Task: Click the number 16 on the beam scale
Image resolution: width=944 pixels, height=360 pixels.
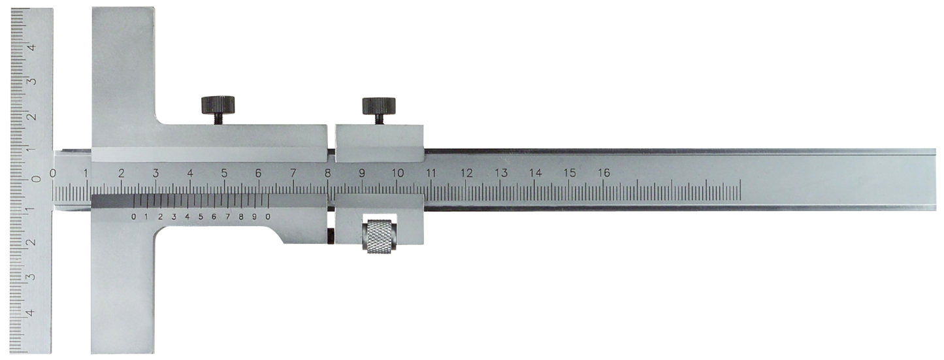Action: [x=604, y=172]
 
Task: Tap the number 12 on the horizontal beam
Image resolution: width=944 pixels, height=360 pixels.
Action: [x=466, y=173]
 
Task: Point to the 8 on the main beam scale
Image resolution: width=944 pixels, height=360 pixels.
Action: [x=327, y=173]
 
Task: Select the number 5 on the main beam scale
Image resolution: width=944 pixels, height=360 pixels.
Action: [x=224, y=173]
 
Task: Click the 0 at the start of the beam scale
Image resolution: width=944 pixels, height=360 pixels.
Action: [x=53, y=173]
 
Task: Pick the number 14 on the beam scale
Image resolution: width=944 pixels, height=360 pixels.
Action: [x=535, y=173]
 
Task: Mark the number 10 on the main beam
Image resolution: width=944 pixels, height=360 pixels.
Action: [x=397, y=173]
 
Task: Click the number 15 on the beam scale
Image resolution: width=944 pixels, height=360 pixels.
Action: [x=570, y=173]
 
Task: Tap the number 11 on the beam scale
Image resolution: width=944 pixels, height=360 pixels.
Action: [x=431, y=173]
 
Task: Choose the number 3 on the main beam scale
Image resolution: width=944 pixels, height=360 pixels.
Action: [x=155, y=173]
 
